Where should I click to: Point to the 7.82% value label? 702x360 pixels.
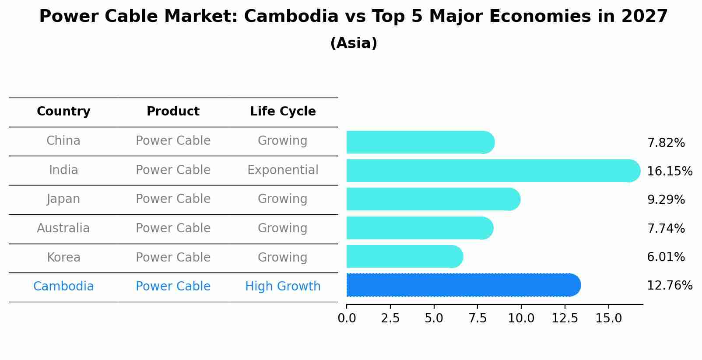tap(666, 143)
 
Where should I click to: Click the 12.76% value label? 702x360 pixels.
tap(669, 286)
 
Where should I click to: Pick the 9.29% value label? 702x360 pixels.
tap(666, 200)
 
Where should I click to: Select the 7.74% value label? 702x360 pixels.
tap(666, 228)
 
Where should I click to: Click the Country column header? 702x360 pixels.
tap(63, 112)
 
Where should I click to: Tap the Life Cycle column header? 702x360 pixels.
tap(283, 112)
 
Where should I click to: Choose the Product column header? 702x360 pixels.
tap(173, 112)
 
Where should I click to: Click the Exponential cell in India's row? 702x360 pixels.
tap(283, 170)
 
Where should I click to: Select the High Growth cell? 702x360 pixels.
tap(283, 287)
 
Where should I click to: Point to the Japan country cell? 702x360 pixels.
tap(63, 199)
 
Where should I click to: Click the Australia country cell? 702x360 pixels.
tap(63, 228)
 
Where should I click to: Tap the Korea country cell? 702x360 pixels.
tap(63, 258)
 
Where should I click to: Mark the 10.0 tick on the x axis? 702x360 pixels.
tap(521, 318)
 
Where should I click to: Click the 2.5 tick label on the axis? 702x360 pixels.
tap(390, 318)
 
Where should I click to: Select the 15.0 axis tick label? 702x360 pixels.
tap(608, 318)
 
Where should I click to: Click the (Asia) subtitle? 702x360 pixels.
tap(354, 43)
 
